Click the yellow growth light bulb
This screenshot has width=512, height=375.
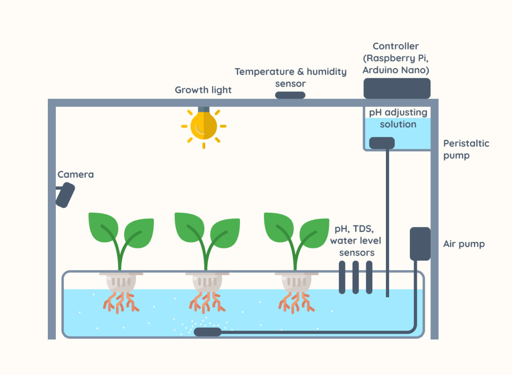coord(203,125)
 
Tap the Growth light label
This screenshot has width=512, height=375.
coord(203,90)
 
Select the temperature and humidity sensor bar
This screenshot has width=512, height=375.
coord(290,95)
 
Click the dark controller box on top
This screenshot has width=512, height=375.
coord(397,88)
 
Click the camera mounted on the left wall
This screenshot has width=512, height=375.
coord(65,195)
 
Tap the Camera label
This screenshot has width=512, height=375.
coord(75,175)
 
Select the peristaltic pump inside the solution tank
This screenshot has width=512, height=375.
coord(382,143)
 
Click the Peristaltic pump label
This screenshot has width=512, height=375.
coord(466,149)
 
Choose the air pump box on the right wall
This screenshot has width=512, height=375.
coord(420,243)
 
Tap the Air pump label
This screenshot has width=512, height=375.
coord(464,244)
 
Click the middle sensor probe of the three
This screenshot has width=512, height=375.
coord(355,277)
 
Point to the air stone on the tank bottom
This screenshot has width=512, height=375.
coord(207,332)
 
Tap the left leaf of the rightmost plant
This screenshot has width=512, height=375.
coord(279,226)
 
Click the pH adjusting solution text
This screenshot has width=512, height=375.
coord(398,119)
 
